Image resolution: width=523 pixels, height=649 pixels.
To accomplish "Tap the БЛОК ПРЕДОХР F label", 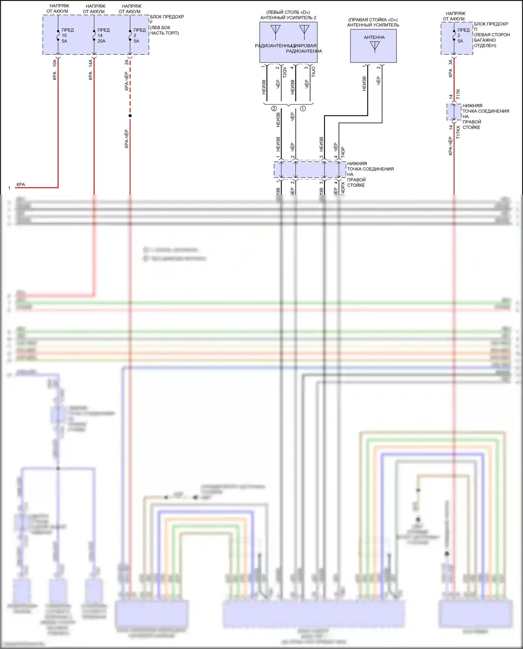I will [167, 19].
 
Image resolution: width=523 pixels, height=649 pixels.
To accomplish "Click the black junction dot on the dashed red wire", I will [130, 116].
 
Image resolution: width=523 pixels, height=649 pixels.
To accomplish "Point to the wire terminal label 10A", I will [55, 63].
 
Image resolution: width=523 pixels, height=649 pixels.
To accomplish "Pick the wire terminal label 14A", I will [91, 63].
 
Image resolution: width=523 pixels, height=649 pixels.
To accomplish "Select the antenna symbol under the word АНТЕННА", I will [374, 47].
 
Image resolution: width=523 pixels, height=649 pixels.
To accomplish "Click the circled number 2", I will [274, 109].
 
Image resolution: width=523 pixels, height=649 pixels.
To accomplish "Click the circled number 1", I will [303, 109].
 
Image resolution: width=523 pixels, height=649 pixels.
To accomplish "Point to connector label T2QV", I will [285, 72].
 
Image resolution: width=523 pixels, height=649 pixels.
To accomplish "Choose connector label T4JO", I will [313, 72].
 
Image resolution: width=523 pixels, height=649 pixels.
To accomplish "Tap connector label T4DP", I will [343, 152].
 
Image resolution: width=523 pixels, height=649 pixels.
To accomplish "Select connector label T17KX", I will [458, 133].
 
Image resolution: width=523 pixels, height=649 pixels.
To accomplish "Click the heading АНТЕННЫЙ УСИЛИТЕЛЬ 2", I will [288, 17].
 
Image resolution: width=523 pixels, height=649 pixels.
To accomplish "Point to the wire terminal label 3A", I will [450, 62].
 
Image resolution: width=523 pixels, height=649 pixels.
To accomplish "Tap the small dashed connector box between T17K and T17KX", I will [454, 112].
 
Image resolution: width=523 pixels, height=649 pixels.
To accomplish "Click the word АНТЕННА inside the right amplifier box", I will [374, 37].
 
